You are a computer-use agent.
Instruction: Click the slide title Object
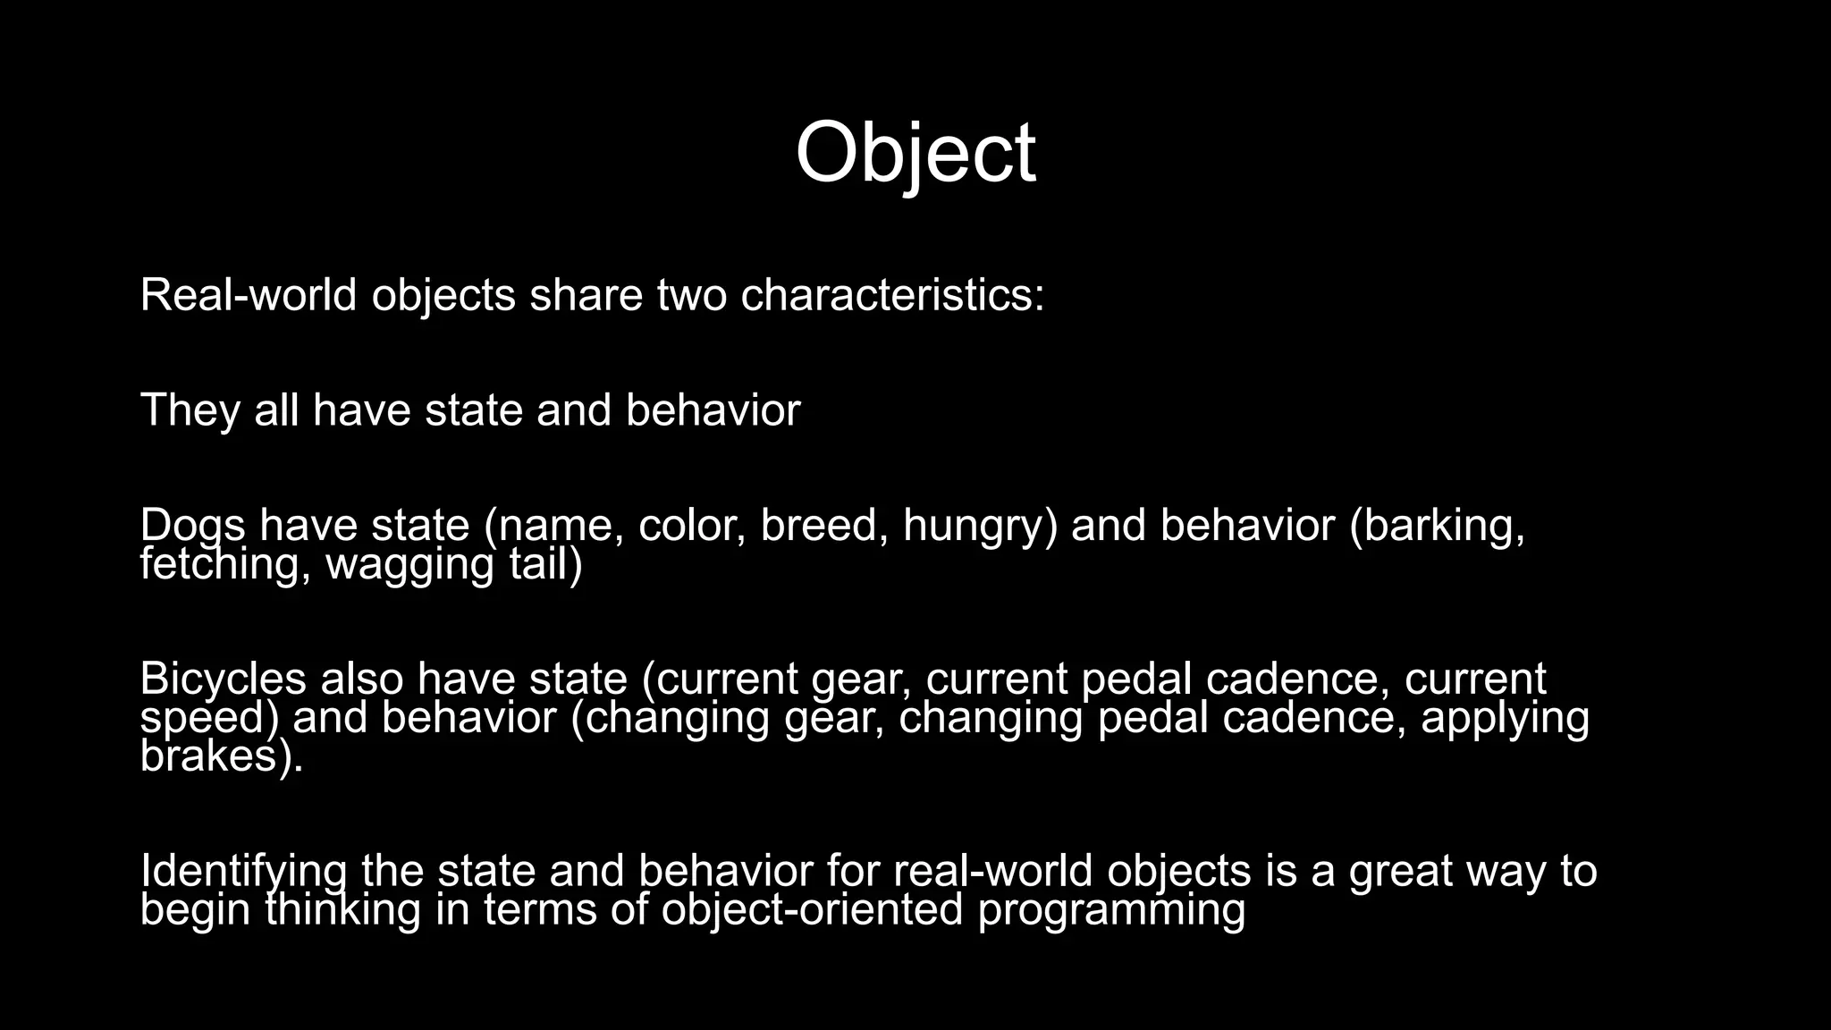[x=915, y=154]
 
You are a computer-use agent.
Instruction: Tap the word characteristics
[x=891, y=295]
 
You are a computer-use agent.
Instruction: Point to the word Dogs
[x=192, y=525]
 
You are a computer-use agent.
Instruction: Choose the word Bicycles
[x=223, y=680]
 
